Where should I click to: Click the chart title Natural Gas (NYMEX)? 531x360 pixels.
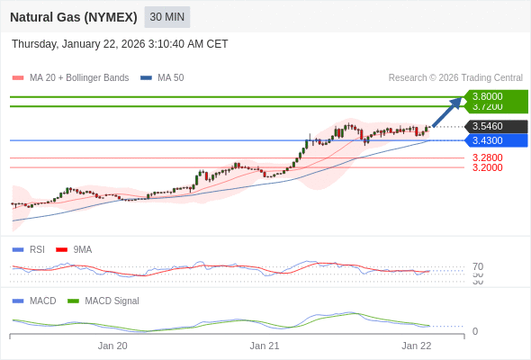(x=74, y=17)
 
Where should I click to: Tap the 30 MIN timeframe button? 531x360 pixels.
(x=166, y=17)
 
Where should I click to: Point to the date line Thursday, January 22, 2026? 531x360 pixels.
(x=120, y=44)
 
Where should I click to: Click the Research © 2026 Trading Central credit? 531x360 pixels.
(x=455, y=78)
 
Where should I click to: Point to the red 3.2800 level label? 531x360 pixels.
(x=487, y=157)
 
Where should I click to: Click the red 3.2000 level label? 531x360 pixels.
(x=487, y=167)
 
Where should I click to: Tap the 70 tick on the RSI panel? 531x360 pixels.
(x=478, y=266)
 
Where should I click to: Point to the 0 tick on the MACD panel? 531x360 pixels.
(x=475, y=331)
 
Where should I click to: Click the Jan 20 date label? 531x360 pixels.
(x=112, y=346)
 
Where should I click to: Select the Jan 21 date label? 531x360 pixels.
(x=265, y=346)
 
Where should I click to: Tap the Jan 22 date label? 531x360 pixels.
(x=417, y=346)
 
